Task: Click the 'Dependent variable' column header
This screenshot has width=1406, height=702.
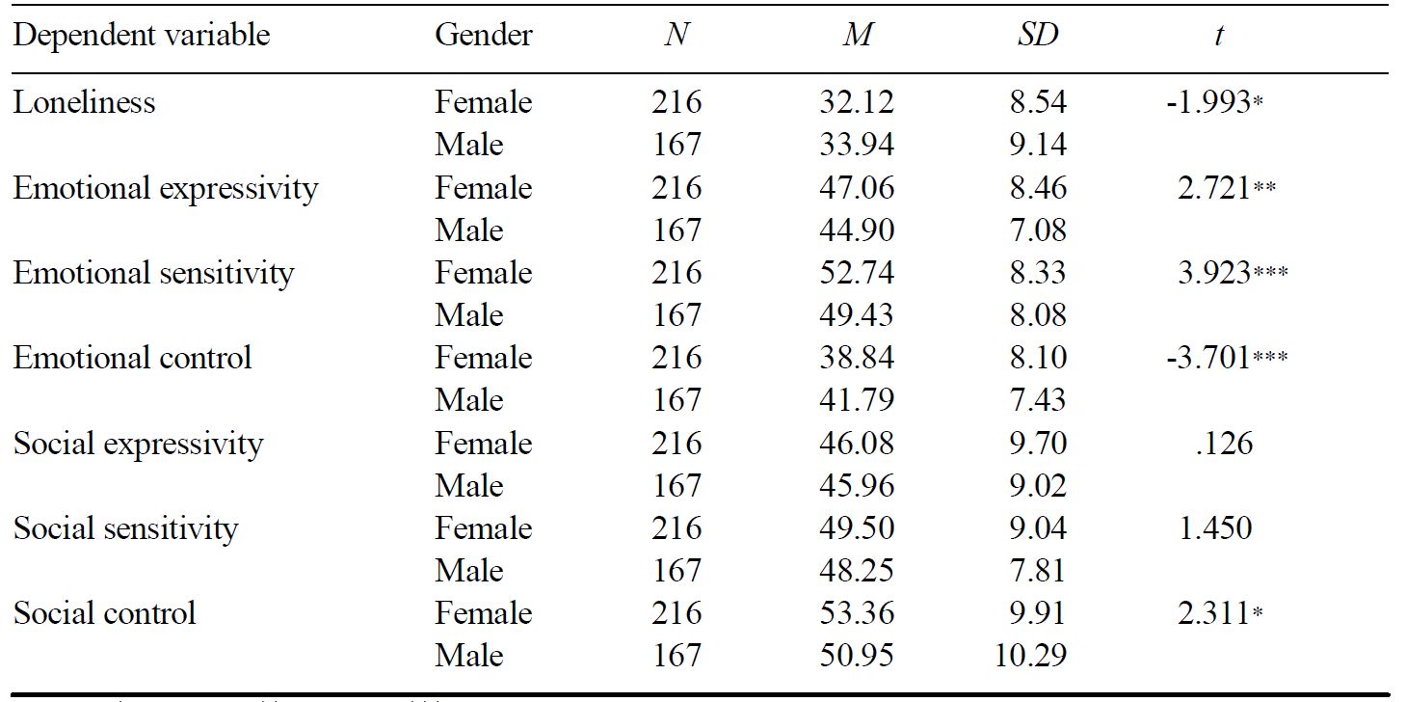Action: pos(142,36)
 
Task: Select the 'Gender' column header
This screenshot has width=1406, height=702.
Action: pos(483,36)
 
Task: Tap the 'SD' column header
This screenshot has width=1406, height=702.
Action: pos(1038,36)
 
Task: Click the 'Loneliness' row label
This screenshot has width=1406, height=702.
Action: pos(84,102)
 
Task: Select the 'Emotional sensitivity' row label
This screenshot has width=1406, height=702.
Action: pos(153,273)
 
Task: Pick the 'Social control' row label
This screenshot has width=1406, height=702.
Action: pos(104,613)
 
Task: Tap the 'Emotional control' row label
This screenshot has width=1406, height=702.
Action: pos(132,358)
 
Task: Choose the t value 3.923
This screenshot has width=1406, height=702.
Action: pos(1217,273)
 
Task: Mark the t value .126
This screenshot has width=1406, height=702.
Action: pos(1221,444)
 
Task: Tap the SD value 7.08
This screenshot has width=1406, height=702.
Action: pos(1038,230)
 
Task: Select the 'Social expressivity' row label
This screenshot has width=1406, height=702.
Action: pos(138,444)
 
